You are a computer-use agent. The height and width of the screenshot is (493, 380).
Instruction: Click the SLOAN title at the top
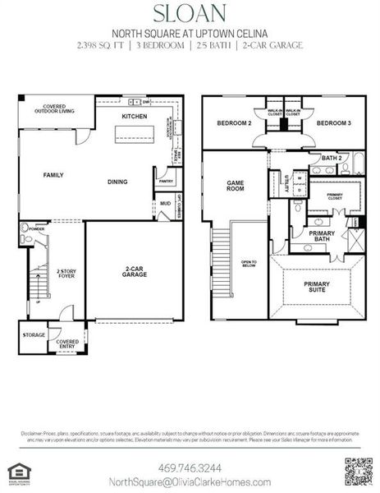pos(190,14)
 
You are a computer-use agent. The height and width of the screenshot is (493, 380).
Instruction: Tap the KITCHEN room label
pos(135,117)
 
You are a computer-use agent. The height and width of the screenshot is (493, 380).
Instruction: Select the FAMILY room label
pos(54,175)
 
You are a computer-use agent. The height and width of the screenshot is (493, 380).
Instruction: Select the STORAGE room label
pos(34,334)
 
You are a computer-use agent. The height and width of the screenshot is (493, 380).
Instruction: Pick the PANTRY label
pos(163,179)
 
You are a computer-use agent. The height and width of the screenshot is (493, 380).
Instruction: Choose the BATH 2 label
pos(331,157)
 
